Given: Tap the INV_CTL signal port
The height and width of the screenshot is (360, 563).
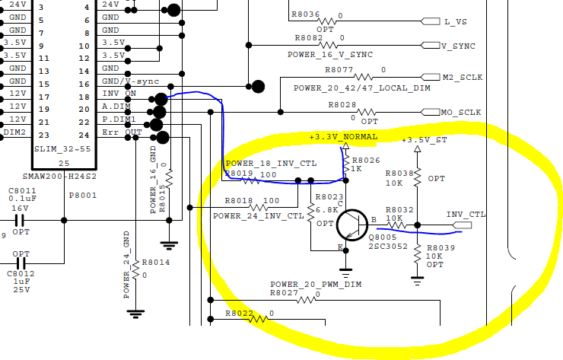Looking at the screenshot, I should pyautogui.click(x=465, y=215).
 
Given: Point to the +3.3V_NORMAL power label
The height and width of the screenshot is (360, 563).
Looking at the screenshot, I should pyautogui.click(x=343, y=137).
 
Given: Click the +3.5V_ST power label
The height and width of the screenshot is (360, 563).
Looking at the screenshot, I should pyautogui.click(x=425, y=140).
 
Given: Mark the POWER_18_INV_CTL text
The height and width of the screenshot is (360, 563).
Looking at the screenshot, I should pyautogui.click(x=271, y=164).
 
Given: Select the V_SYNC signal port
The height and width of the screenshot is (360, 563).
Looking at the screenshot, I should pyautogui.click(x=459, y=46).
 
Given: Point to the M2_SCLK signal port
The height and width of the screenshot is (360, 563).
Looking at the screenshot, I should pyautogui.click(x=463, y=78).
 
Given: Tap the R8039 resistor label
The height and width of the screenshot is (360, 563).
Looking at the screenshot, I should pyautogui.click(x=441, y=248).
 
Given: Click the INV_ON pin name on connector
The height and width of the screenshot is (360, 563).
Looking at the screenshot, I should pyautogui.click(x=119, y=94).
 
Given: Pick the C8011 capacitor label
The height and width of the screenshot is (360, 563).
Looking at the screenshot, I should pyautogui.click(x=21, y=191).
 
